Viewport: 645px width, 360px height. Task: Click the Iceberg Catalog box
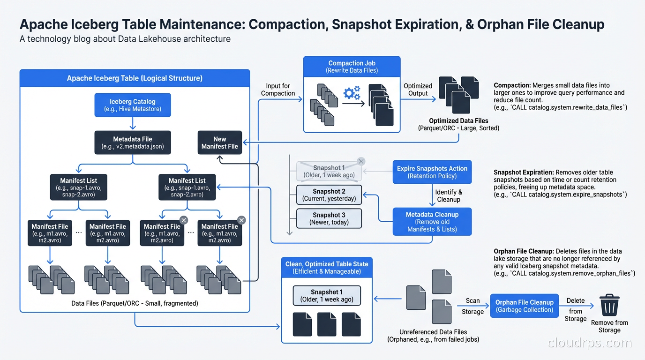pyautogui.click(x=133, y=105)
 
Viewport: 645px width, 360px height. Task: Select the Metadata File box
pyautogui.click(x=133, y=142)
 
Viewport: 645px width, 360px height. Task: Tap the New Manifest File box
pyautogui.click(x=219, y=142)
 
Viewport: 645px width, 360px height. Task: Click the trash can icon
pyautogui.click(x=609, y=306)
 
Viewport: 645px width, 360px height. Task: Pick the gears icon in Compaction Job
pyautogui.click(x=352, y=94)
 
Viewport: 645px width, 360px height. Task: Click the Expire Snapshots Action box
pyautogui.click(x=432, y=172)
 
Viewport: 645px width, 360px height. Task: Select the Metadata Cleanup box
pyautogui.click(x=432, y=222)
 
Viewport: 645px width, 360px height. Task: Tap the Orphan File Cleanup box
pyautogui.click(x=525, y=306)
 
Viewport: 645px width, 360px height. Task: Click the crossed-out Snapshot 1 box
pyautogui.click(x=329, y=172)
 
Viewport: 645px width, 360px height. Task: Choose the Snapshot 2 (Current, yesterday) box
pyautogui.click(x=329, y=195)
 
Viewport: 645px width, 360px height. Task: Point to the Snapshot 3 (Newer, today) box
pyautogui.click(x=329, y=218)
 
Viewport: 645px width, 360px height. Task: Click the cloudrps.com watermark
pyautogui.click(x=590, y=343)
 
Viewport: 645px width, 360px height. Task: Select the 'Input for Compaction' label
pyautogui.click(x=278, y=90)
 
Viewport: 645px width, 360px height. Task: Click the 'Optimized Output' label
pyautogui.click(x=418, y=90)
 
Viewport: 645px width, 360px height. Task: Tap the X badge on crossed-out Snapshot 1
pyautogui.click(x=360, y=161)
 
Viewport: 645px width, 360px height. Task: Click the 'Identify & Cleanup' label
pyautogui.click(x=449, y=196)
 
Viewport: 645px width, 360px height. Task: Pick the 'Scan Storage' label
pyautogui.click(x=472, y=306)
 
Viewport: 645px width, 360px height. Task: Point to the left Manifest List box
pyautogui.click(x=79, y=187)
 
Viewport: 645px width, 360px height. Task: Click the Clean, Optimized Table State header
pyautogui.click(x=327, y=267)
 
